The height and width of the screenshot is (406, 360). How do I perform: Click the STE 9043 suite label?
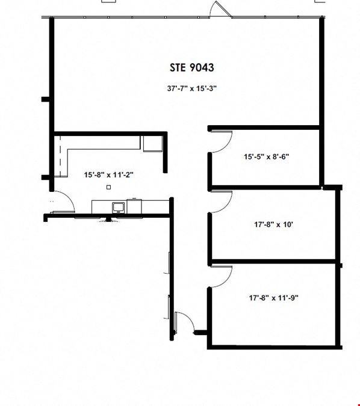[x=192, y=67]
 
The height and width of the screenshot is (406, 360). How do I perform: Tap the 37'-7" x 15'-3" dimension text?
[x=192, y=88]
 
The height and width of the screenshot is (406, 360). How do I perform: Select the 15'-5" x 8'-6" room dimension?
[x=267, y=156]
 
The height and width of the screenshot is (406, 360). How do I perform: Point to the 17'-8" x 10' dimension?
[x=273, y=224]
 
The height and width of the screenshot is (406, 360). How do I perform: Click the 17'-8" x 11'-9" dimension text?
[x=274, y=298]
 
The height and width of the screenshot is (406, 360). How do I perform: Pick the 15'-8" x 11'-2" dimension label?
[x=108, y=175]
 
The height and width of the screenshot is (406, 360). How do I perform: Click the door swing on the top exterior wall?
[x=220, y=9]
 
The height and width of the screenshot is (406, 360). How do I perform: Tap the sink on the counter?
[x=119, y=208]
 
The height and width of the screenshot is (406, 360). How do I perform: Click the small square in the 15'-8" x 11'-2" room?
[x=108, y=187]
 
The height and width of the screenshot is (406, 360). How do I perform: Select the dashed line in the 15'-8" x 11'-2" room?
[x=60, y=156]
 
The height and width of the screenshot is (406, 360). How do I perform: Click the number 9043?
[x=202, y=67]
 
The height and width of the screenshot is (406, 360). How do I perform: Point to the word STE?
[x=178, y=67]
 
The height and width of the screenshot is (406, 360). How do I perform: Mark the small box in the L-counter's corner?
[x=153, y=143]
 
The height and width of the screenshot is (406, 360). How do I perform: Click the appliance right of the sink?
[x=134, y=206]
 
